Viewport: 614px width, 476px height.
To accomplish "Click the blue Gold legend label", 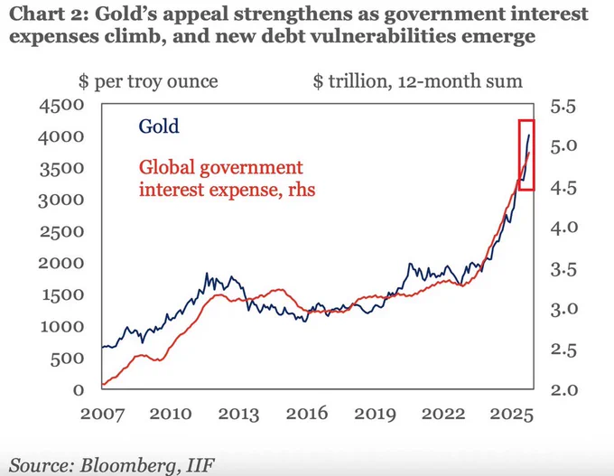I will point(158,126).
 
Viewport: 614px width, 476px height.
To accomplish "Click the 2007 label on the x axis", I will point(101,414).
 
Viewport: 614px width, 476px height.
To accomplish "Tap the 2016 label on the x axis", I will point(306,414).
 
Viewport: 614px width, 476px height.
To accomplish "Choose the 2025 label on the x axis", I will point(511,414).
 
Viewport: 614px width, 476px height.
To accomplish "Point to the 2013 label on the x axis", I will point(237,414).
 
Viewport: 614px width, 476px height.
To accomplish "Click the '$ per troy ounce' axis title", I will point(148,81).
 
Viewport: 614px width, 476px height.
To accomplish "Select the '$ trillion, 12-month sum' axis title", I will point(417,81).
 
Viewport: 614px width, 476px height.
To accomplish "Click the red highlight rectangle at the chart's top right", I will point(528,154).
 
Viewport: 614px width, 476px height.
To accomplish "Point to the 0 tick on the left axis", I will point(79,389).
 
